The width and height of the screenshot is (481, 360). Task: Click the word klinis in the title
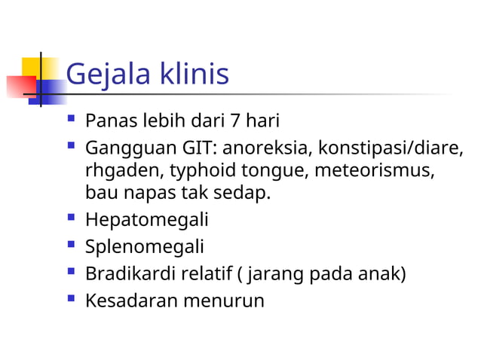[192, 75]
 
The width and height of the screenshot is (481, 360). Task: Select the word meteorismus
[374, 169]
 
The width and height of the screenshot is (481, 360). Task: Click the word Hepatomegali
[146, 221]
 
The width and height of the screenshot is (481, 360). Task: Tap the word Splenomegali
[144, 247]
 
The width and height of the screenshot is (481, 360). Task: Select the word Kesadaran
[131, 301]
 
